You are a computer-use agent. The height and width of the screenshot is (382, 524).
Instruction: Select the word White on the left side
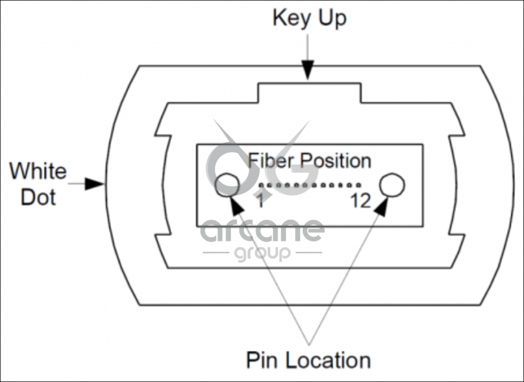click(38, 171)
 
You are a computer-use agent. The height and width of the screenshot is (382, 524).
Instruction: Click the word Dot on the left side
click(38, 197)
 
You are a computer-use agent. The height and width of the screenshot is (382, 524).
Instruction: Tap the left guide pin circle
click(228, 184)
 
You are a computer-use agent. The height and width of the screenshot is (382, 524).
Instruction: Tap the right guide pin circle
click(392, 185)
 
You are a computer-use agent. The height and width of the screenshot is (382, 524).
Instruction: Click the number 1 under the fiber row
click(260, 202)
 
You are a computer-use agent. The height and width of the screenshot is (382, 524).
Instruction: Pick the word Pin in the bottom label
click(263, 360)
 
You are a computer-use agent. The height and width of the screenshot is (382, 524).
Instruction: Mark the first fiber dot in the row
click(261, 186)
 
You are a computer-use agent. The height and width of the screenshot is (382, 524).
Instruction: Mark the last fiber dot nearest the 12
click(359, 186)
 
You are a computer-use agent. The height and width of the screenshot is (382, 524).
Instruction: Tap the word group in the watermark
click(263, 253)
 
